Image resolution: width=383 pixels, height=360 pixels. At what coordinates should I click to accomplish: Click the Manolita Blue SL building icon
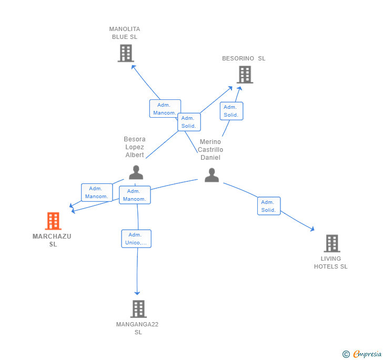(x=126, y=53)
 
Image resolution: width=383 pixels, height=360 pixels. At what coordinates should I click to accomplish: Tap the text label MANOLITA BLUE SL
(x=125, y=33)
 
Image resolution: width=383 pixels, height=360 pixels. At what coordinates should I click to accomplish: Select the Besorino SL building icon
(x=245, y=75)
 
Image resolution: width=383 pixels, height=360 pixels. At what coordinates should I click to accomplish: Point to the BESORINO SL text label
(x=244, y=58)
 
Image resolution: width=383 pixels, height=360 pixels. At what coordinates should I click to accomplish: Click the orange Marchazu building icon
(x=53, y=221)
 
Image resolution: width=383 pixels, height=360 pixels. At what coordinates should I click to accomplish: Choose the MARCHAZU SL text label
(x=52, y=240)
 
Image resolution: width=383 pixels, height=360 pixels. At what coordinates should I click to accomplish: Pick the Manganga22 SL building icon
(x=138, y=308)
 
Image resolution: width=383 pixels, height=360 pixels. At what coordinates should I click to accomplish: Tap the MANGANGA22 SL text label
(x=137, y=328)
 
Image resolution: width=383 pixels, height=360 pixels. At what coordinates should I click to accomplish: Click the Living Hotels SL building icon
(x=332, y=243)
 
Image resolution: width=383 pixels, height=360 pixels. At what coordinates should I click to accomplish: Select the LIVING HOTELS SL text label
(x=331, y=262)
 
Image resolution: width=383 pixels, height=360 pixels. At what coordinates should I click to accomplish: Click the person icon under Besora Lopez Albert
(x=136, y=172)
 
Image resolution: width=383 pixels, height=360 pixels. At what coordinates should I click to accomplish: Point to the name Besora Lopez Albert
(x=135, y=147)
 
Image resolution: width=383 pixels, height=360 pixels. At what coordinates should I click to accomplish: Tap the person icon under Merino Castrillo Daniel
(x=211, y=175)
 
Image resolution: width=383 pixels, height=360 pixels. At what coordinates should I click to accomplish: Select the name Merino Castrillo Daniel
(x=210, y=150)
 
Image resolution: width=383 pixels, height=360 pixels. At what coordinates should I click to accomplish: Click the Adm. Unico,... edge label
(x=136, y=239)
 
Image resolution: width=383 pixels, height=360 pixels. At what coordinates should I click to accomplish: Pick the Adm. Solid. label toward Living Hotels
(x=269, y=206)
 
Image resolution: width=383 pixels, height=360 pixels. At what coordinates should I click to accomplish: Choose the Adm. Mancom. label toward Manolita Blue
(x=165, y=109)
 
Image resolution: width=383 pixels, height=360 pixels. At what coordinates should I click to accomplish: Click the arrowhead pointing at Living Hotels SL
(x=312, y=229)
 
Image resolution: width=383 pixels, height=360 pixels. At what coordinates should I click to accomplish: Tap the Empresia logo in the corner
(x=362, y=354)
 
